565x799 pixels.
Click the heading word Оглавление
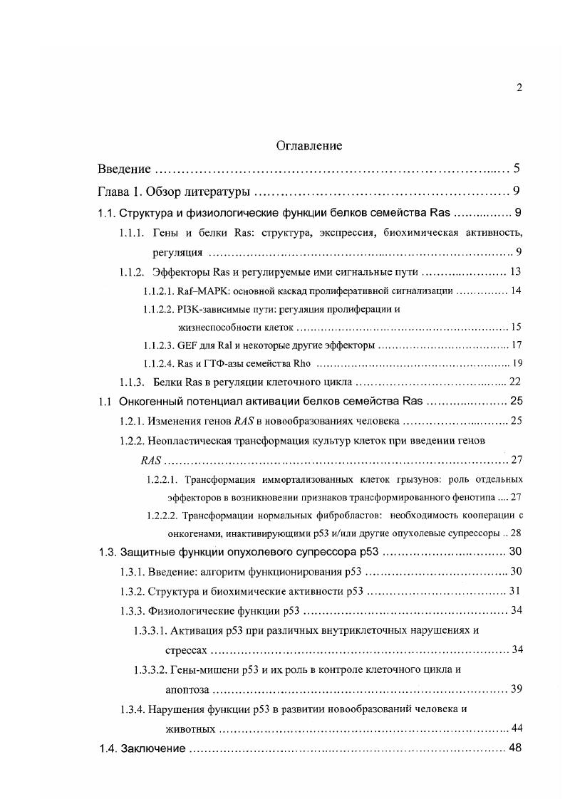(309, 146)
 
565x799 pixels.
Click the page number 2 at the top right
(519, 88)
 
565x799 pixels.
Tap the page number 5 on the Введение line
(517, 169)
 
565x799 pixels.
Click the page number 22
(517, 382)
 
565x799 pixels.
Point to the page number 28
(517, 533)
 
